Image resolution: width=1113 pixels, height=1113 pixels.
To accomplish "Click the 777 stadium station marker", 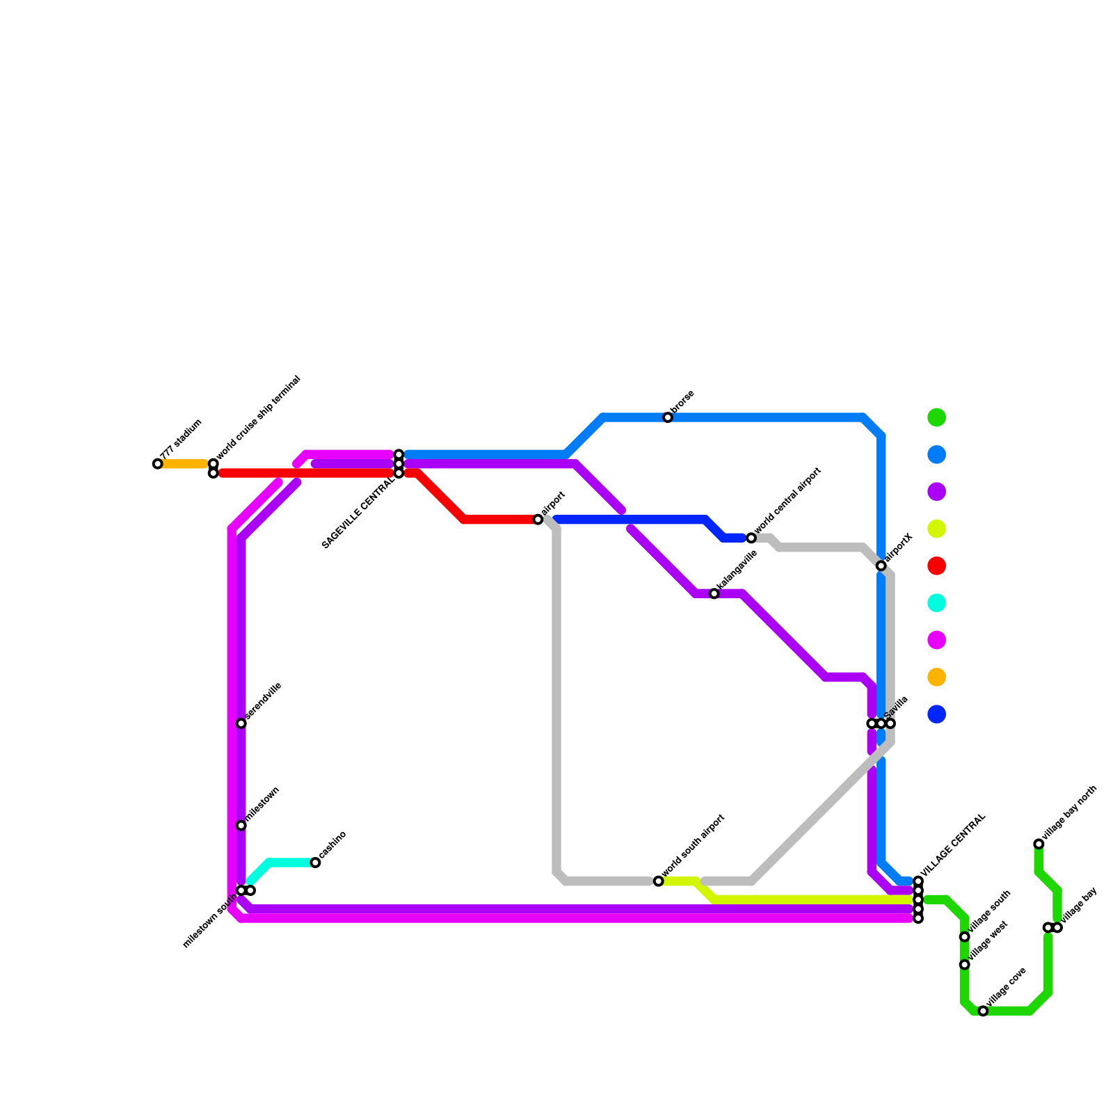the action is tap(158, 464).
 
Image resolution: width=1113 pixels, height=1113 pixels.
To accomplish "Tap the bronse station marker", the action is tap(668, 417).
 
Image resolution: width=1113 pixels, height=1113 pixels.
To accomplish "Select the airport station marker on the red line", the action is tap(538, 520).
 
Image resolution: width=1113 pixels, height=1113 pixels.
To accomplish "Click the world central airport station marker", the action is tap(751, 538).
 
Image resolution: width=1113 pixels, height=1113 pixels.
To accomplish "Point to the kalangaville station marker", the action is tap(714, 593).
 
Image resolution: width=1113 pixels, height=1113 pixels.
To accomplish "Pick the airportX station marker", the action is tap(881, 566).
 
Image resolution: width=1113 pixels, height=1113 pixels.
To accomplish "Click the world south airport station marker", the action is tap(659, 881).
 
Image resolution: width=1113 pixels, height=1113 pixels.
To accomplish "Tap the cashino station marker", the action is tap(315, 863).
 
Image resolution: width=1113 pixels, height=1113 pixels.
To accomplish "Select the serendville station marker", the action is tap(241, 723).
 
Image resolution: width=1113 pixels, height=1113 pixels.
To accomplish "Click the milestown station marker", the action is tap(241, 826).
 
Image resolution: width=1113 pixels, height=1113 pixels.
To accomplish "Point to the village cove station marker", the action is tap(983, 1011).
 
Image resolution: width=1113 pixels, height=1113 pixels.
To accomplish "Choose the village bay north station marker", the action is tap(1039, 844).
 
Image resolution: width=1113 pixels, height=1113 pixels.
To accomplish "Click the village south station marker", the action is tap(965, 937).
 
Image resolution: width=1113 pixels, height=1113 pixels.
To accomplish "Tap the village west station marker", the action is tap(965, 965).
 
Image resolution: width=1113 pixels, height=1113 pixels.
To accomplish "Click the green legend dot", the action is tap(937, 417).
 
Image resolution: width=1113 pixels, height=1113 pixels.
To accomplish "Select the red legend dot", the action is tap(937, 566).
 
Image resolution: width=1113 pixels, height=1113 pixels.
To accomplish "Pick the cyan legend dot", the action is tap(937, 603).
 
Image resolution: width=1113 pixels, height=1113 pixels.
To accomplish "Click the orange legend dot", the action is tap(937, 677).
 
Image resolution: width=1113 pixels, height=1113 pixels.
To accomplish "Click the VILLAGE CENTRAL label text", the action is tap(953, 845).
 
